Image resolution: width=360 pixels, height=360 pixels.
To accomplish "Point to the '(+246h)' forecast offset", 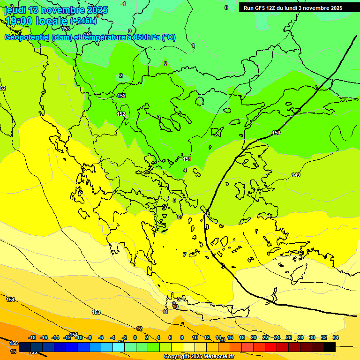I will (83, 21).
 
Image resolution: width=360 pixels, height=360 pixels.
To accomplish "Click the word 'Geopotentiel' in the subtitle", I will (29, 37).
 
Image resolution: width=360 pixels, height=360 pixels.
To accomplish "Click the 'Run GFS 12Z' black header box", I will (292, 7).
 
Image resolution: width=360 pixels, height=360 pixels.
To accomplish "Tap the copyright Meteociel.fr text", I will (199, 357).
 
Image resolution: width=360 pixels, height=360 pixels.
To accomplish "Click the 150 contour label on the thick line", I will (276, 133).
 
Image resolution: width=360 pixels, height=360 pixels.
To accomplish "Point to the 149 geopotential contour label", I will (296, 175).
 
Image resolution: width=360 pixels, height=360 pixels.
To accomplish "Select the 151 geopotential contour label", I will (187, 159).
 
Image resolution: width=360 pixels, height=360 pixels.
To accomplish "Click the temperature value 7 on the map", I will (185, 255).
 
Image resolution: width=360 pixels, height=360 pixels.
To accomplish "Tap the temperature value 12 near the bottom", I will (139, 329).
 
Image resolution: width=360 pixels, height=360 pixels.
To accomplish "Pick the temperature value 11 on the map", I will (165, 312).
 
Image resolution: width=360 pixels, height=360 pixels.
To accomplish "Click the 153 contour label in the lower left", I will (96, 312).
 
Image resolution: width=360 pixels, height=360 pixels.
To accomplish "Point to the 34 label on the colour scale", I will (336, 337).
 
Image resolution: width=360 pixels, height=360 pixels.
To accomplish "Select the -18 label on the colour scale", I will (32, 337).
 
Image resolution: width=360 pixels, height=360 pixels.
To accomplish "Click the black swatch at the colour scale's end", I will (330, 347).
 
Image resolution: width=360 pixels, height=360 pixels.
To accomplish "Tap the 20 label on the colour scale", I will (254, 337).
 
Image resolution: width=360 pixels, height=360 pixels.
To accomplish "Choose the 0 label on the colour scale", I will (135, 337).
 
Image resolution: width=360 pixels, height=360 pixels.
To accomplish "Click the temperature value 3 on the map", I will (158, 117).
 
